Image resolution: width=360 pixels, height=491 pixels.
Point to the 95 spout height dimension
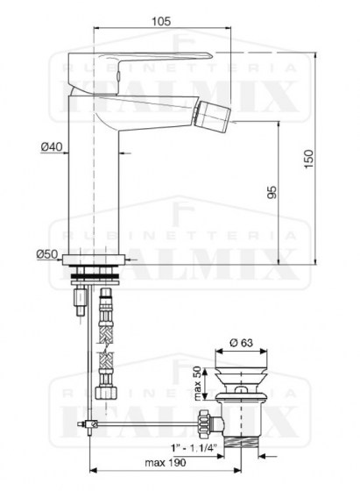click(x=272, y=193)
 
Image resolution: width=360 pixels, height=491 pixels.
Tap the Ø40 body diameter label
click(x=51, y=147)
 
